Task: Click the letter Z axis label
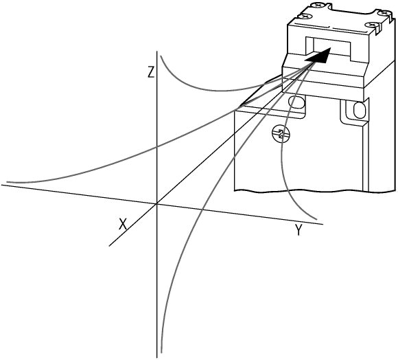click(x=151, y=71)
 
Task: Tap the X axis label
click(x=123, y=225)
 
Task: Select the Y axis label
click(x=298, y=229)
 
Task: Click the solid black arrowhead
click(x=318, y=55)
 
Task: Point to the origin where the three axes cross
click(x=157, y=203)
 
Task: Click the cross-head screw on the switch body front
click(x=281, y=134)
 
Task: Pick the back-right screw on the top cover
click(x=384, y=13)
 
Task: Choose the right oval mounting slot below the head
click(x=359, y=110)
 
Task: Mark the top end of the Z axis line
click(x=157, y=52)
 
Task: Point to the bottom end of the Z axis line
click(x=157, y=358)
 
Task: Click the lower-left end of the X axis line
click(x=109, y=246)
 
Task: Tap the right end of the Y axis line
click(x=323, y=224)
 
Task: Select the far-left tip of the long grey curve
click(x=7, y=182)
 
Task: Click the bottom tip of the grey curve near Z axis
click(x=161, y=352)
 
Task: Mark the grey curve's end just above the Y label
click(x=317, y=219)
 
